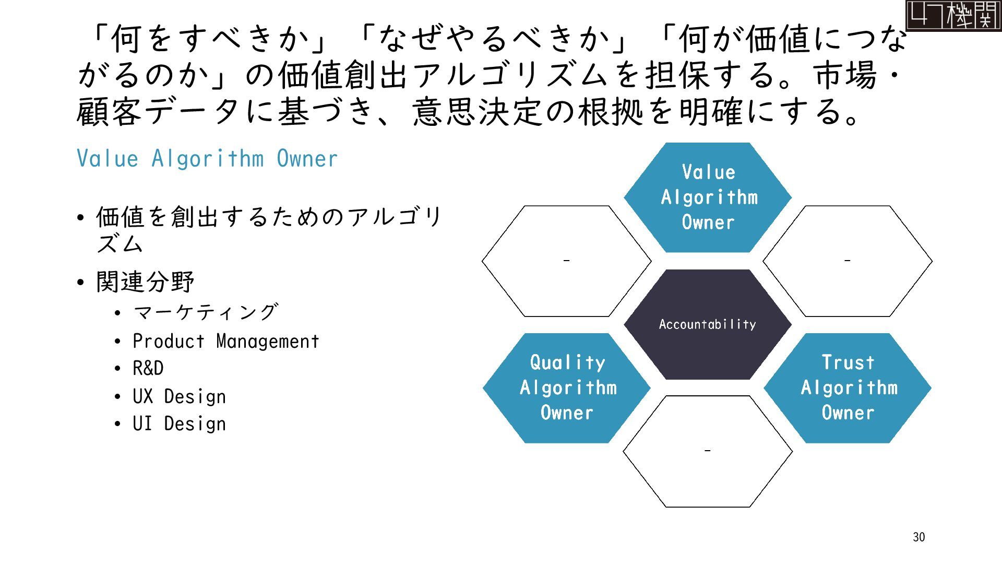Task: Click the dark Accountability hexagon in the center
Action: click(708, 324)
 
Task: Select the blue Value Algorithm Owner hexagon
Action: click(708, 197)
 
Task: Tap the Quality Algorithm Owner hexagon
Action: click(567, 387)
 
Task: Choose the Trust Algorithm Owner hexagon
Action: click(848, 387)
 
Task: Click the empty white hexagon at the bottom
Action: click(708, 451)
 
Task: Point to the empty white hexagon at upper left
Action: click(567, 261)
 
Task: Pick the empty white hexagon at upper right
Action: click(848, 261)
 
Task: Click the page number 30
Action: click(919, 537)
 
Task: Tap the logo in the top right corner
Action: click(953, 16)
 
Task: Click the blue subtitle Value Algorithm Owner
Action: click(207, 159)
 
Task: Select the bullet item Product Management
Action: click(225, 342)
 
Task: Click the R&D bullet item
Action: click(148, 369)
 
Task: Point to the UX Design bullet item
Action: click(179, 397)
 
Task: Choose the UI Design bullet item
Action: click(179, 424)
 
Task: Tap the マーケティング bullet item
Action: click(206, 313)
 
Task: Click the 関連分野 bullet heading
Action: click(146, 282)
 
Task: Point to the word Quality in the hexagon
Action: click(568, 362)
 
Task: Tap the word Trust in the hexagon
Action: click(848, 362)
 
